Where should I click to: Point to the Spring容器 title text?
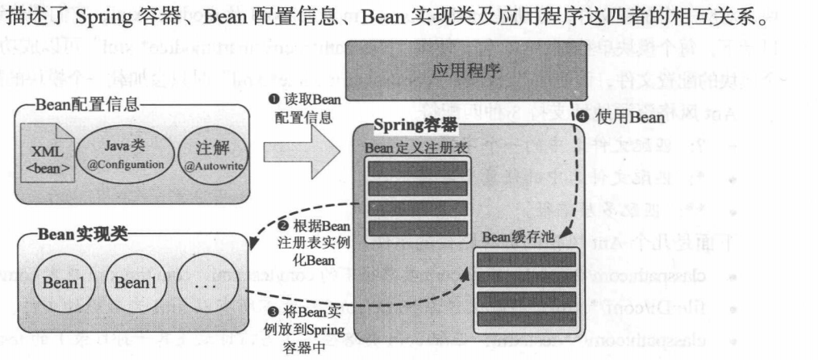point(415,125)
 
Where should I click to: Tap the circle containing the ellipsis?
point(204,283)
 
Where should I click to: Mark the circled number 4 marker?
point(584,118)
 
